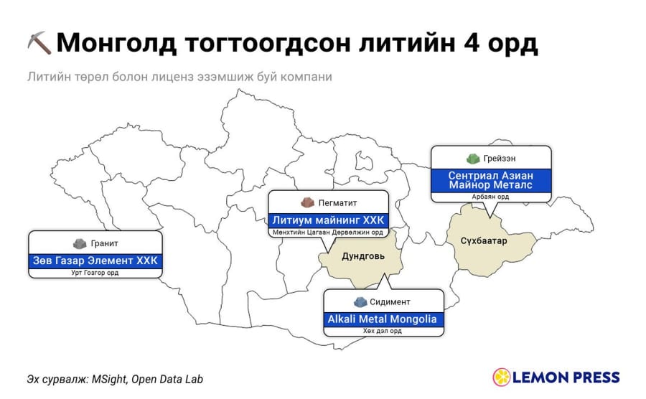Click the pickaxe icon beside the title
pos(39,43)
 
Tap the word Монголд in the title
pos(116,43)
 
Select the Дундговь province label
pos(363,256)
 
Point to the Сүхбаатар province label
pos(484,240)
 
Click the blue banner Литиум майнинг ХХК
pos(328,220)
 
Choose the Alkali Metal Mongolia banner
pos(383,319)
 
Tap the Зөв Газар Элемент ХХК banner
pos(95,260)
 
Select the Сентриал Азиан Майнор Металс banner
pos(491,180)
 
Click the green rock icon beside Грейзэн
pos(474,158)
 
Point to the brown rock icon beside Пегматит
pos(307,202)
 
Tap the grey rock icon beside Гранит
pos(80,243)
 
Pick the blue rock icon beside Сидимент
pos(360,302)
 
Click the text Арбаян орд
pos(490,197)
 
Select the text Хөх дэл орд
pos(383,331)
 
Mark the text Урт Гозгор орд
pos(95,273)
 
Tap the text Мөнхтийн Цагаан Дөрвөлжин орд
pos(328,233)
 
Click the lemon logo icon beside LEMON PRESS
pos(502,377)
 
